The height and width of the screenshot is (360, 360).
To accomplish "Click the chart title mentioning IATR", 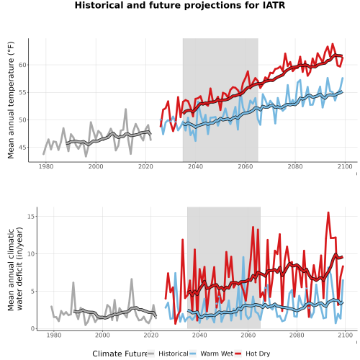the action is coord(180,5).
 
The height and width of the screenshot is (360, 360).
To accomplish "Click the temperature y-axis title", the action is coord(11,100).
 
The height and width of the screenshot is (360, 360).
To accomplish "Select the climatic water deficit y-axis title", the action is coord(15,269).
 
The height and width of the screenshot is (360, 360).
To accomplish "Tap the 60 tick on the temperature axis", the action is coord(22,65).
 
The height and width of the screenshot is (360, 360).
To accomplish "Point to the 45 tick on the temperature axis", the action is coord(22,148).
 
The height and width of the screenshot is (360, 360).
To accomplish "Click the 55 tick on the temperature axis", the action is coord(22,92).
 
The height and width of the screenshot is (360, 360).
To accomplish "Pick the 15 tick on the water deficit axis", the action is coord(31,216).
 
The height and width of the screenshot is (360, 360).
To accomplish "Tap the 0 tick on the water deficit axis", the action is coord(33,328).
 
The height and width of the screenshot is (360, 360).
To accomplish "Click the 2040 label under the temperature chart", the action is coord(195,166).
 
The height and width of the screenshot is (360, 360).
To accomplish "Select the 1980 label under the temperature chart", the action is coord(46,166).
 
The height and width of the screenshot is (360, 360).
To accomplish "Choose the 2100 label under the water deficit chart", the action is coord(345,335).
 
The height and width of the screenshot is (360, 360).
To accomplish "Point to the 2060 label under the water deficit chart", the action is coord(248,335).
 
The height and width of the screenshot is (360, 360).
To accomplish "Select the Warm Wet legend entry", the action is coord(211,354).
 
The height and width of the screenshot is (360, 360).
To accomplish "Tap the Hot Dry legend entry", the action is coord(252,354).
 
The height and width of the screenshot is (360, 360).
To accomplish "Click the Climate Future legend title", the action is coord(120,354).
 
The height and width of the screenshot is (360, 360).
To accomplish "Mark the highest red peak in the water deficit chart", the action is coord(328,212).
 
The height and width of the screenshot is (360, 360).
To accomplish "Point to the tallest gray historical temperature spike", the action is coord(125,109).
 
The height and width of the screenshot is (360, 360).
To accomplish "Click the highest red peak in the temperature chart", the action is coord(333,44).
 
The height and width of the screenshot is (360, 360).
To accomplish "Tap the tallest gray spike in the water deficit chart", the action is coord(132,279).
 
